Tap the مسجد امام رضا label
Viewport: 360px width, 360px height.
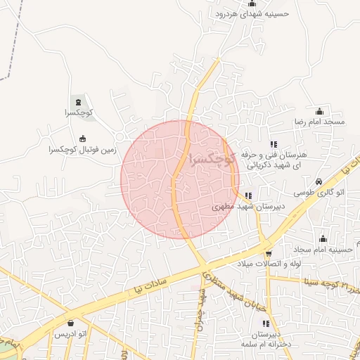[x=321, y=122]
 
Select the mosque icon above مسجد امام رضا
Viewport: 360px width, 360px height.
[x=320, y=111]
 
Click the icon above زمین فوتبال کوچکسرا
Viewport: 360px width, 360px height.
[x=83, y=138]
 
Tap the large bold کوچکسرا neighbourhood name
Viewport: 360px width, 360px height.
[x=210, y=157]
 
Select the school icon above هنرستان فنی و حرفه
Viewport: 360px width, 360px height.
[x=274, y=144]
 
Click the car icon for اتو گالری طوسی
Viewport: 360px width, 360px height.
[x=319, y=181]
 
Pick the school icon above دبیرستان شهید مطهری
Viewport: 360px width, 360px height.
[x=248, y=196]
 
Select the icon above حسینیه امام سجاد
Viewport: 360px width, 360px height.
[x=323, y=238]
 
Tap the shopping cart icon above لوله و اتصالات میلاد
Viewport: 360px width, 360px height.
[x=269, y=254]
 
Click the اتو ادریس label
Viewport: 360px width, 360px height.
[x=73, y=333]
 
